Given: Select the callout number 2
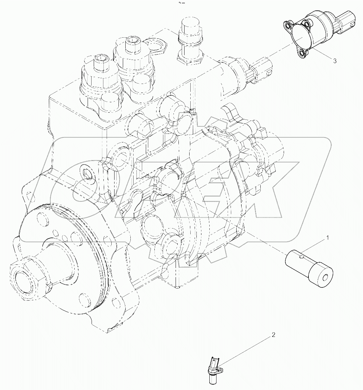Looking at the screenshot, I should (x=273, y=335).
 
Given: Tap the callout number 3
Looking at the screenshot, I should (x=335, y=61).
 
